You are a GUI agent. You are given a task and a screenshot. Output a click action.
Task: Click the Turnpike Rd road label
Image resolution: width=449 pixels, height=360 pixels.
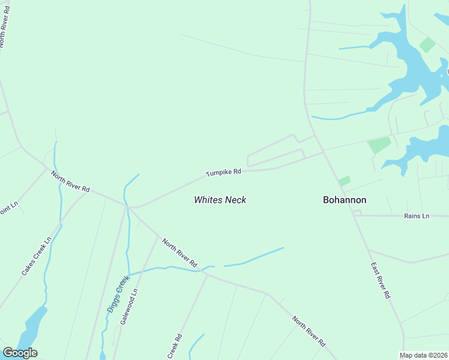223,172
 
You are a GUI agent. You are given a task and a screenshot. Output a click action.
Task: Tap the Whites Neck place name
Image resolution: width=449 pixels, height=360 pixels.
220,200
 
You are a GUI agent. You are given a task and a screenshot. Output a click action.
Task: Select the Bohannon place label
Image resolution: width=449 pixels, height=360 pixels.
345,200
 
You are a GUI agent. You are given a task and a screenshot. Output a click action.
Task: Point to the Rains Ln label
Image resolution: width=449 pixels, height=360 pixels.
417,215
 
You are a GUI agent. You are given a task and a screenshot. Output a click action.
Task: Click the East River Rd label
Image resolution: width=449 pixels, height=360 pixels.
380,280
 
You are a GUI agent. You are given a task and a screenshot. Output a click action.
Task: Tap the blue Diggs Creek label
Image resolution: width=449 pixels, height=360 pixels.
118,293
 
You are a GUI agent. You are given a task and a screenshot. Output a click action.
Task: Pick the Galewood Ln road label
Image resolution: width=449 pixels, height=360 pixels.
128,306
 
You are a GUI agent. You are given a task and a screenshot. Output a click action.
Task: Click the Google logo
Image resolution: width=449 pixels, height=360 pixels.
20,353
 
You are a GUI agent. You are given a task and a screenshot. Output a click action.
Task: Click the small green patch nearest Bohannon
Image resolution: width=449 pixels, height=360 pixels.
344,181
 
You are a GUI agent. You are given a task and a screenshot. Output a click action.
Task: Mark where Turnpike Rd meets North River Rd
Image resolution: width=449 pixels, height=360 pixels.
130,208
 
